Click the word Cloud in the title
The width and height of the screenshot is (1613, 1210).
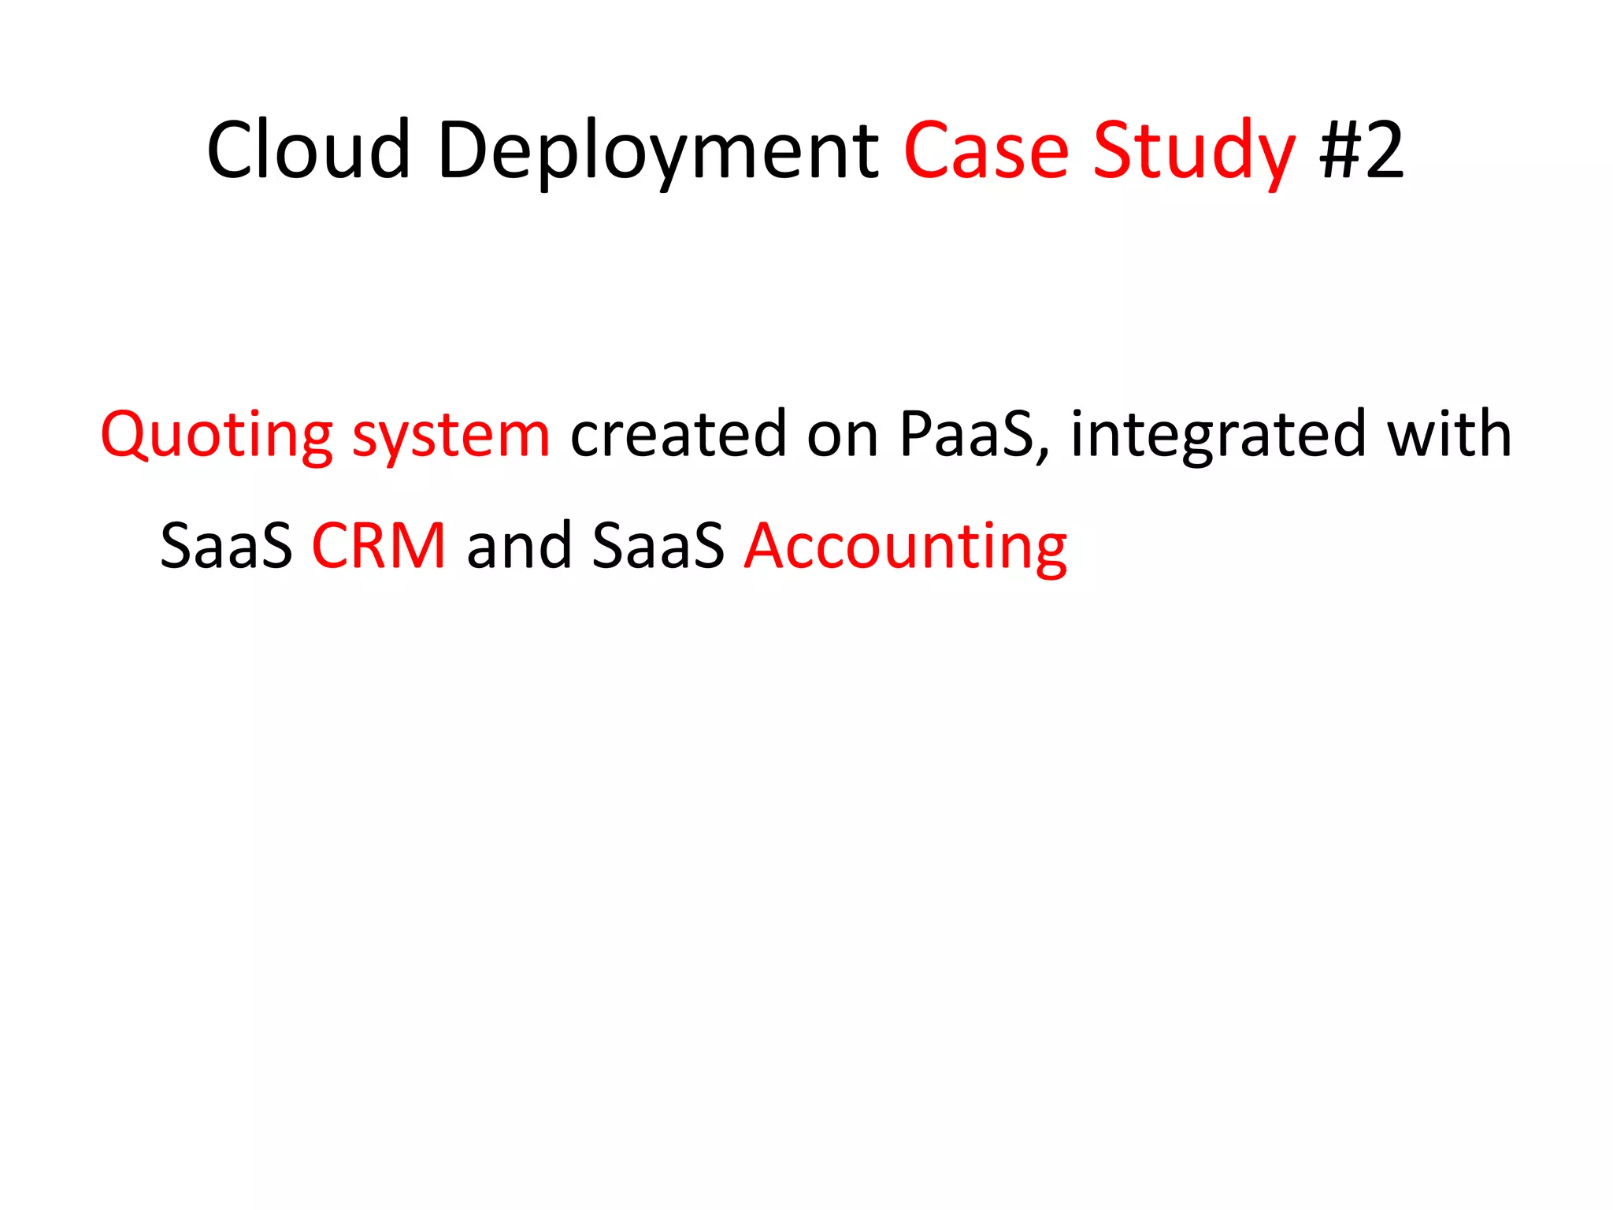pos(308,150)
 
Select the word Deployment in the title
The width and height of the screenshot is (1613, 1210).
pos(658,151)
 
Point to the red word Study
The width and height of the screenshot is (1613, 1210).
pos(1194,151)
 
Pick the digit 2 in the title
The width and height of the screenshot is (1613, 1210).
pos(1385,150)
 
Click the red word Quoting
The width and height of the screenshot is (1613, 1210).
pos(217,436)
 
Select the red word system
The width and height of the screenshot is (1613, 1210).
pos(451,437)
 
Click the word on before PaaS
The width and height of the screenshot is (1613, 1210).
pos(842,436)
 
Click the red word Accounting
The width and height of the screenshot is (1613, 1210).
pos(906,547)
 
